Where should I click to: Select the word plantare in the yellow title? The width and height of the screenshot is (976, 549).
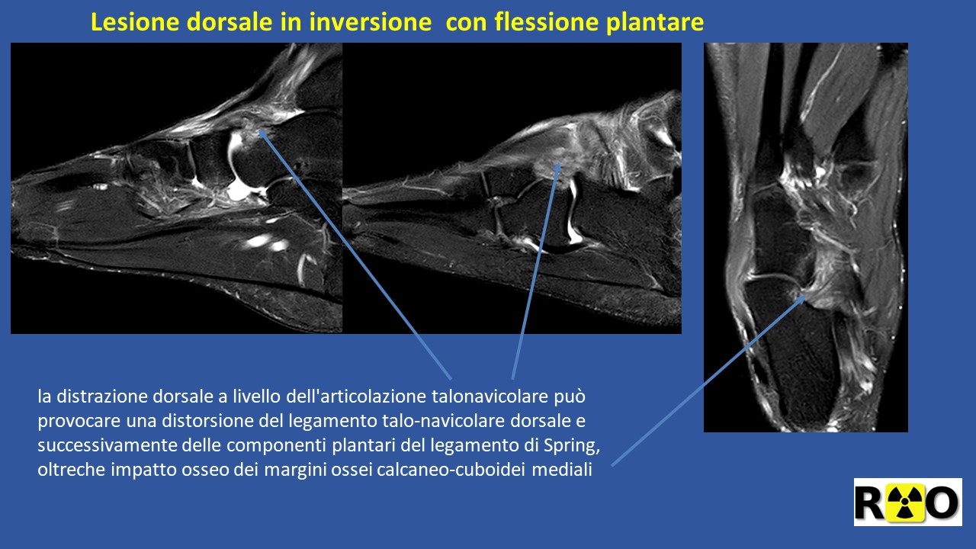click(654, 23)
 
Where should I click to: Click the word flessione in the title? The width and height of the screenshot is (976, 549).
click(547, 22)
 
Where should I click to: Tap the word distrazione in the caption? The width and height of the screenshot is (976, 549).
click(104, 396)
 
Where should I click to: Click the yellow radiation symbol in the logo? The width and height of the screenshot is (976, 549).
click(905, 502)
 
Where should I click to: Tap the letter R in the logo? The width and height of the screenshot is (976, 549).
click(870, 502)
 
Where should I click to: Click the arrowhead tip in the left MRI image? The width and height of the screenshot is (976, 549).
click(259, 130)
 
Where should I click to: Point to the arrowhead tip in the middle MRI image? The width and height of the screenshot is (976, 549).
click(560, 162)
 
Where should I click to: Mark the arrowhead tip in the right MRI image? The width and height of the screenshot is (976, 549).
click(804, 296)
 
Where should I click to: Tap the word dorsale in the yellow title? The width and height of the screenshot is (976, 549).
click(230, 22)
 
